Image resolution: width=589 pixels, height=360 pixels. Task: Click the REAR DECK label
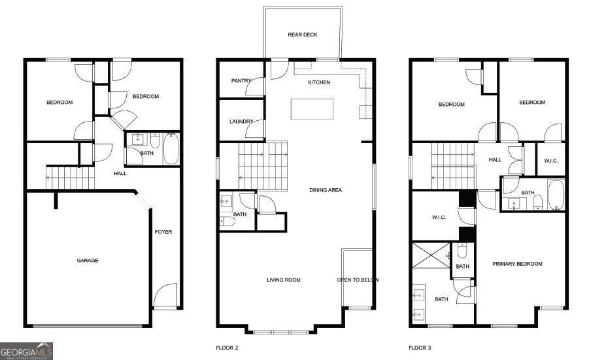tap(303, 35)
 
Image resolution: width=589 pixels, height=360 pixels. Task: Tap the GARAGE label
tap(88, 260)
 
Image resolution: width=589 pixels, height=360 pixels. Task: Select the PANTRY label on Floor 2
tap(241, 81)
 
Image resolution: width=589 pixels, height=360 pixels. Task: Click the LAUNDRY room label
tap(241, 122)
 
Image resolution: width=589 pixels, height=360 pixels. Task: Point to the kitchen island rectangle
tap(312, 109)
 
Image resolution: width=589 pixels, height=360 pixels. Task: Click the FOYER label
tap(163, 232)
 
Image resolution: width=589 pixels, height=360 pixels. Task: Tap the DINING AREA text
tap(326, 190)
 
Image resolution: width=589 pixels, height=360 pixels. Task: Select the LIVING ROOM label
tap(284, 280)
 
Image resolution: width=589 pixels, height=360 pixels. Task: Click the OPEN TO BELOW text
tap(358, 280)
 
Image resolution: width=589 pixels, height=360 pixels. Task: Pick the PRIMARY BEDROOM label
tap(517, 264)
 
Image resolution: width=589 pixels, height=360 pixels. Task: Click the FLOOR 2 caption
tap(227, 348)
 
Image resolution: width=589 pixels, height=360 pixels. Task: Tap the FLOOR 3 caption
tap(420, 348)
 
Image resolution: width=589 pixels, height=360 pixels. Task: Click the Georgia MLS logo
tap(26, 351)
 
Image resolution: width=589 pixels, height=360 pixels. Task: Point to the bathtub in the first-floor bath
tap(171, 149)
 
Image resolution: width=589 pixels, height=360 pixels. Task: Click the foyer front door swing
tap(165, 295)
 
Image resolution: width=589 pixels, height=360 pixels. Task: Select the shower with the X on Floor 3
tap(431, 255)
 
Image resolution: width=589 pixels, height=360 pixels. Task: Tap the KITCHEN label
tap(319, 82)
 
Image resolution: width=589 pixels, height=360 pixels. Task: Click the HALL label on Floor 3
tap(495, 160)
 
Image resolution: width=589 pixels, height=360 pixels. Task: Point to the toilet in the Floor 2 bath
tap(227, 221)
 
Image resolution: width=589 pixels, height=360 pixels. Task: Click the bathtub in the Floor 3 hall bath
tap(556, 195)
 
